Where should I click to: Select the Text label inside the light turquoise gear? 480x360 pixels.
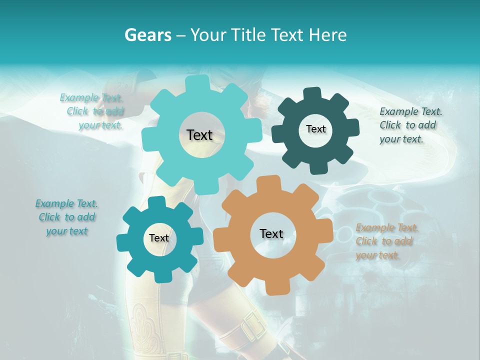(199, 135)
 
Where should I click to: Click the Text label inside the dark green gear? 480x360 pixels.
(315, 129)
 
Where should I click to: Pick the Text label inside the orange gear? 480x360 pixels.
(271, 233)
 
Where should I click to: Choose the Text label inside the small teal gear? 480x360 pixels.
(159, 238)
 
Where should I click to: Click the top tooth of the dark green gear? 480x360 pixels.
(312, 93)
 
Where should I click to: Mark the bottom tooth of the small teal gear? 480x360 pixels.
(161, 276)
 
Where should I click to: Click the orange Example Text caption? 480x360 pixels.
(386, 241)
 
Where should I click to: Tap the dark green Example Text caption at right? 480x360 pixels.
(410, 125)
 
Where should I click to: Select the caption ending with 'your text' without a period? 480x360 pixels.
(66, 217)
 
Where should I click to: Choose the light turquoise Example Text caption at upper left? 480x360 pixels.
(92, 111)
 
